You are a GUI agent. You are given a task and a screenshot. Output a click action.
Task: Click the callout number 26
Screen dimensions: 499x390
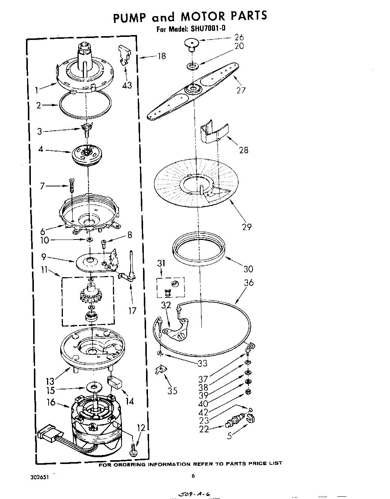[239, 37]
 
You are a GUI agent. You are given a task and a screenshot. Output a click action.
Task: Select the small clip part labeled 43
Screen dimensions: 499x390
[124, 55]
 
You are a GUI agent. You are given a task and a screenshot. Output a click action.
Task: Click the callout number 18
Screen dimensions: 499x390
[161, 56]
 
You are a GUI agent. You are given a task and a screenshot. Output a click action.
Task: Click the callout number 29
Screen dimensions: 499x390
[247, 227]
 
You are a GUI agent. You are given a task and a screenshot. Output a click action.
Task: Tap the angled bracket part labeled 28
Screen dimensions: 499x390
[212, 132]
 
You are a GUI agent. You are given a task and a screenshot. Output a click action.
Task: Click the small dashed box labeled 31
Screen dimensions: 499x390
[171, 287]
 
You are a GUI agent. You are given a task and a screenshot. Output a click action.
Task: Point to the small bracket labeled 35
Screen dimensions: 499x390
[161, 370]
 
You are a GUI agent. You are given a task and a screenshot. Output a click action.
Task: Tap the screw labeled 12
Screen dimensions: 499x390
[133, 449]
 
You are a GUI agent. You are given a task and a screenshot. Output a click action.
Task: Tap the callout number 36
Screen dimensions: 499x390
[249, 282]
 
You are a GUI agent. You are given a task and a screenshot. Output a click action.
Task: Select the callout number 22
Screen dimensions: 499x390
[204, 429]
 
